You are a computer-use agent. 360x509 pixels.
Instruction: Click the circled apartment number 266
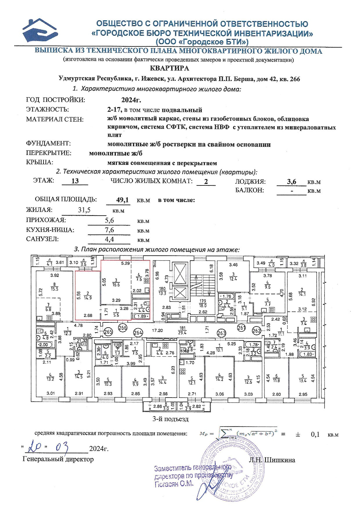[x=123, y=328]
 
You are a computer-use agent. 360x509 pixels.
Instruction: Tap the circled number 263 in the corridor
[x=222, y=333]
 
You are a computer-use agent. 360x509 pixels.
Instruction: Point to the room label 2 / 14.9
[x=87, y=296]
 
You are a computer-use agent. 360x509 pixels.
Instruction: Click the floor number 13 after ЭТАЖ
[x=75, y=181]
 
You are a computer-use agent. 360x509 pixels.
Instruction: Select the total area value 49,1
[x=122, y=200]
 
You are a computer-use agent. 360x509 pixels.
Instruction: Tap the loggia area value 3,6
[x=291, y=182]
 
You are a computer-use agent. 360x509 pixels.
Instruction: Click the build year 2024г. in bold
[x=131, y=100]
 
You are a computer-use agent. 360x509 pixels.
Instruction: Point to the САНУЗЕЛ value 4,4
[x=109, y=239]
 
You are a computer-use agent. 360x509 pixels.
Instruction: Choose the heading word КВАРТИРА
[x=170, y=68]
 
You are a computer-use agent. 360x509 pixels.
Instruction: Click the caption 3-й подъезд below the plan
[x=171, y=419]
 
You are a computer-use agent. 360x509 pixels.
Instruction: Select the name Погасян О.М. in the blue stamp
[x=174, y=484]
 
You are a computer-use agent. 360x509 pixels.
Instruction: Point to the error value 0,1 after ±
[x=315, y=434]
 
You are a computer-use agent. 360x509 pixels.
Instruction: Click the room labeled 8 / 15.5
[x=54, y=287]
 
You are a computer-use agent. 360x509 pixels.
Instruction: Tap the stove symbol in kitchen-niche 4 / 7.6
[x=146, y=281]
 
